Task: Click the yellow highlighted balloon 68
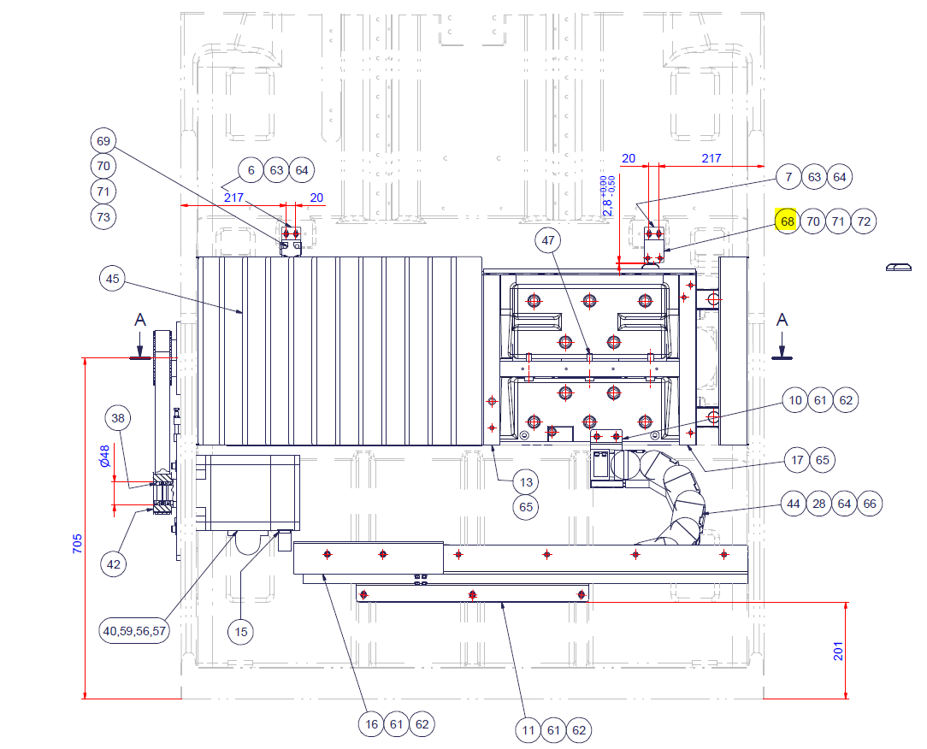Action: (787, 221)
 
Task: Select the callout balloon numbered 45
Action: (112, 279)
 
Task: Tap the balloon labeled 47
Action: (548, 240)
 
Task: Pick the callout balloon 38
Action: (118, 419)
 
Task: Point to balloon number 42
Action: (114, 564)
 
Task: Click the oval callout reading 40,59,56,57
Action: (134, 631)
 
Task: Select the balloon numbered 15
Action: (240, 631)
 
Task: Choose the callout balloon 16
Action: (371, 724)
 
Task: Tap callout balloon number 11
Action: (528, 730)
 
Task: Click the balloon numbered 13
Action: (526, 482)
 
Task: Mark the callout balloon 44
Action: (794, 504)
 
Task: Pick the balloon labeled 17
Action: (797, 460)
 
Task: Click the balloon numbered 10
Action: (795, 400)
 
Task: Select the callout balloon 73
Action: (103, 217)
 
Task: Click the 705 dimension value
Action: (78, 543)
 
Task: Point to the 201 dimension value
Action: (838, 651)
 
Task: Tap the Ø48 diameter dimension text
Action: (104, 456)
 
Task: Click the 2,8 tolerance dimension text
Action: (608, 198)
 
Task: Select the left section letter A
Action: (140, 320)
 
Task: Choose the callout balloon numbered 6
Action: (251, 170)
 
